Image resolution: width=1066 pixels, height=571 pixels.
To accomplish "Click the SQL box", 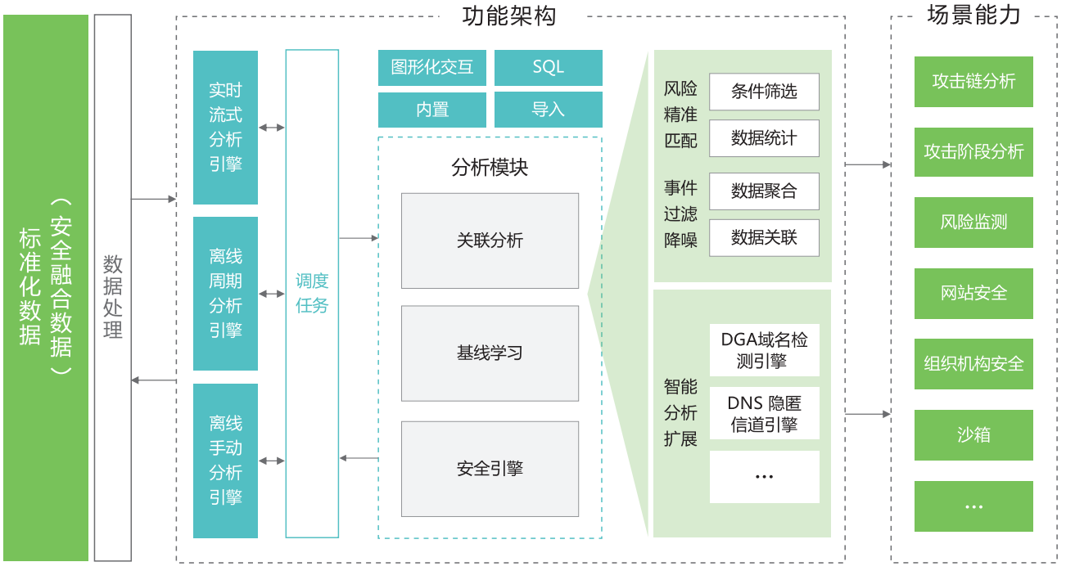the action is click(549, 68).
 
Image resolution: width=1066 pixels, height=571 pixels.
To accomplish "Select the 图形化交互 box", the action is click(432, 68).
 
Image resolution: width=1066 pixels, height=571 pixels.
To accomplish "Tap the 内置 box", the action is click(432, 110).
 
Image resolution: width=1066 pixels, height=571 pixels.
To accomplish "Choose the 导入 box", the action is click(549, 110).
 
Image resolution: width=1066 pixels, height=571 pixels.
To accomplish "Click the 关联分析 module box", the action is click(490, 241).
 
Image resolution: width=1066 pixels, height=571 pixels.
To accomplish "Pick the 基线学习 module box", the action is click(490, 353).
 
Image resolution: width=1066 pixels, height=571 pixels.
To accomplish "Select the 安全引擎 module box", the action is click(490, 469).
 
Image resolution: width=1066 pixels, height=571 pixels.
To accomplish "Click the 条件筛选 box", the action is click(764, 92).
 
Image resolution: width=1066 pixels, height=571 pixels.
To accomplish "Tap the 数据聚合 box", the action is click(764, 191).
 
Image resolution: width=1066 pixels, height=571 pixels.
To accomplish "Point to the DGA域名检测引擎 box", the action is click(764, 350).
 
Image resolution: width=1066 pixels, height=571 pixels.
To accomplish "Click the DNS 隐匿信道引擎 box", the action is click(764, 413).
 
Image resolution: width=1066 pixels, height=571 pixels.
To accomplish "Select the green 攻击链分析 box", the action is click(973, 81).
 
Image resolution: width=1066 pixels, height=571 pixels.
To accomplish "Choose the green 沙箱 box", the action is click(973, 435).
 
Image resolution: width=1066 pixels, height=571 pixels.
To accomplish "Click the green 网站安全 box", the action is click(973, 294).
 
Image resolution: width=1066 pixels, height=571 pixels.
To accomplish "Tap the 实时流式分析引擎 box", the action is click(226, 128).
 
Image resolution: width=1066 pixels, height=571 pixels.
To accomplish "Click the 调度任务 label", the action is click(312, 294).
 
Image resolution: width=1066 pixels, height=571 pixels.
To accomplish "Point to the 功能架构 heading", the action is click(509, 16).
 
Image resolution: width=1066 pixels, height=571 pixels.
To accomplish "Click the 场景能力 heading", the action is click(973, 15).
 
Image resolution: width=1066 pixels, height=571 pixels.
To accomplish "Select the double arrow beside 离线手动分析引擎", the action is click(272, 461).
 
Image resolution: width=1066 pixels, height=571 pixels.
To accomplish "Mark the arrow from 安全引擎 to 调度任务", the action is click(359, 458).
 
